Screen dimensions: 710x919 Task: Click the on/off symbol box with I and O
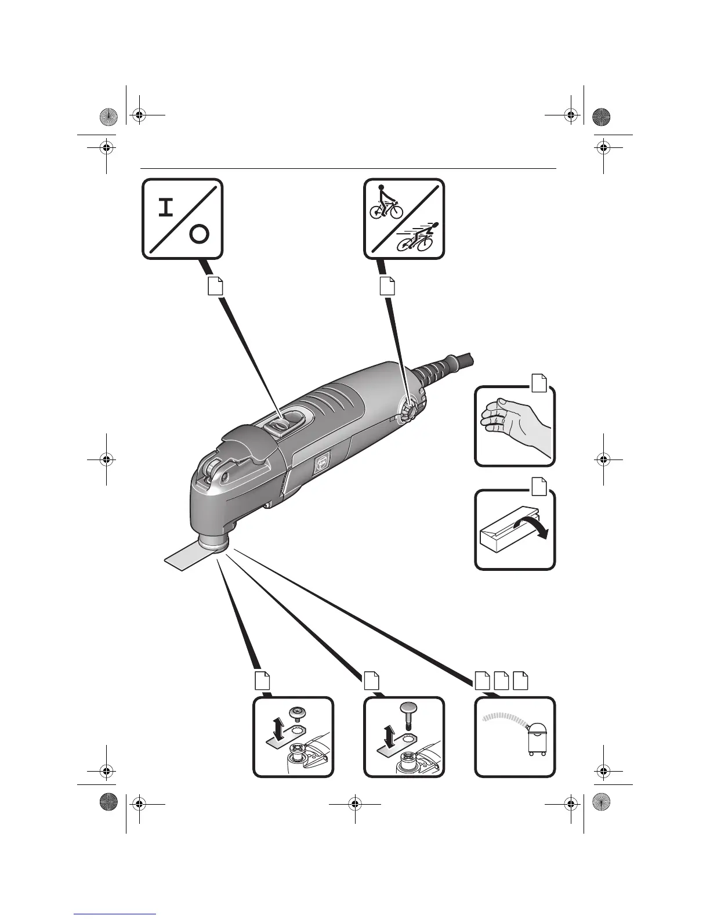coord(183,219)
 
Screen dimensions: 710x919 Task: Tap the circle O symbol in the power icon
coord(198,234)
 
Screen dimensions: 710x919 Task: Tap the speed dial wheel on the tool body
coord(408,411)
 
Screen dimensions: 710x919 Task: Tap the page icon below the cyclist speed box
coord(387,285)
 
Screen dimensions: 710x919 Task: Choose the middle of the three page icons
coord(502,681)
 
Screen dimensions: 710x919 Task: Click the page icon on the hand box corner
coord(539,383)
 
